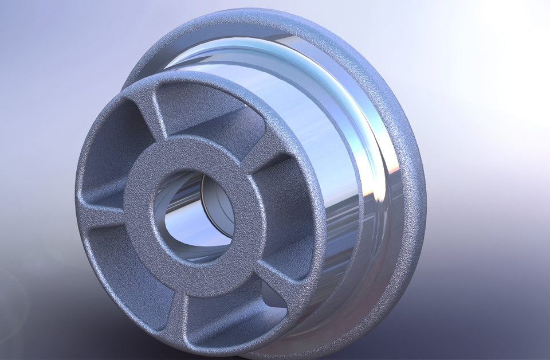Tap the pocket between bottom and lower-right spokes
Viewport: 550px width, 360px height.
pos(229,310)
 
